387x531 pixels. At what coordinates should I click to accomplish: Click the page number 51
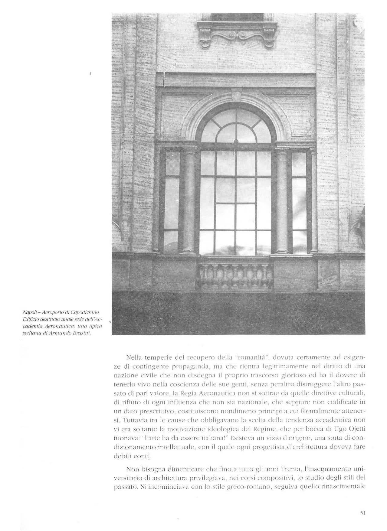(x=363, y=504)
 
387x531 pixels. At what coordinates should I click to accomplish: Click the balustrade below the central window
(x=235, y=276)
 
